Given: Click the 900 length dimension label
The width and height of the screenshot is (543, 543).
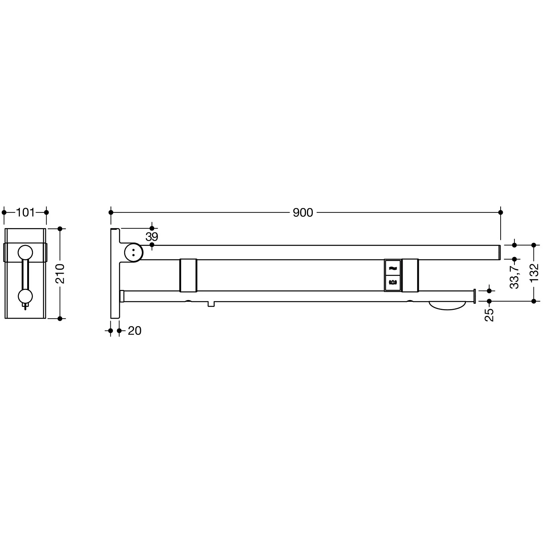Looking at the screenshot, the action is point(303,212).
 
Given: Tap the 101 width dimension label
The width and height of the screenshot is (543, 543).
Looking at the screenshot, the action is point(25,212).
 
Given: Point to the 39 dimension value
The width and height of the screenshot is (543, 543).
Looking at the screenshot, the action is point(152,237).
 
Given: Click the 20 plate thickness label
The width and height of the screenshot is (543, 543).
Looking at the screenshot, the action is point(135,331).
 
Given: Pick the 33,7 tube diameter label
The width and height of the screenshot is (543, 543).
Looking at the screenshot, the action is point(514,276).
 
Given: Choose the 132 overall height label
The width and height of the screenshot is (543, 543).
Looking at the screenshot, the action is point(534,273).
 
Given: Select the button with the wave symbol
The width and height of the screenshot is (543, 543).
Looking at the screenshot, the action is point(393,268).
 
